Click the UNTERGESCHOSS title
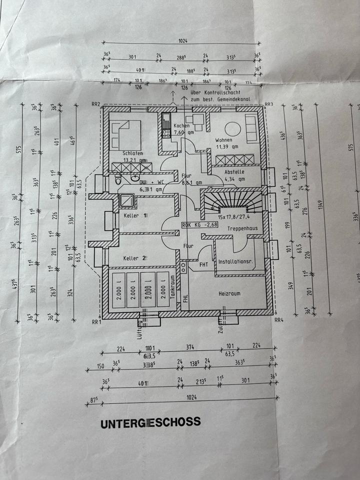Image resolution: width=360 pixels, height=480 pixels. [x=150, y=422]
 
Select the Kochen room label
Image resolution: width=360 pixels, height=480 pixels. [x=181, y=125]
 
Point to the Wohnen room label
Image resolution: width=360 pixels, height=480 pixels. [x=224, y=140]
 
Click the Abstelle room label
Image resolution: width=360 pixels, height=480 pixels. [x=234, y=172]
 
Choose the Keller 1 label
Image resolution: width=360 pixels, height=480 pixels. [x=135, y=215]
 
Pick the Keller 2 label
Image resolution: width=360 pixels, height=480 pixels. [x=134, y=258]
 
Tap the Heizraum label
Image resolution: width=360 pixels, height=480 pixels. [x=230, y=293]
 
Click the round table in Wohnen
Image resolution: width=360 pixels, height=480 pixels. [x=233, y=127]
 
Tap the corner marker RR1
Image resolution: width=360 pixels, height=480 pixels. [x=96, y=321]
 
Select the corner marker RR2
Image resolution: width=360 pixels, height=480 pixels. [x=96, y=104]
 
